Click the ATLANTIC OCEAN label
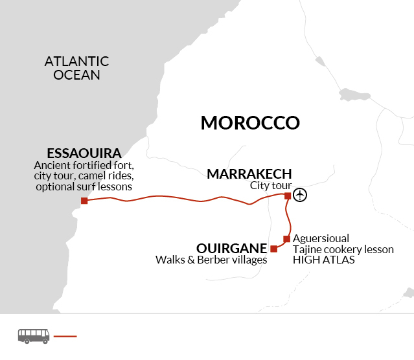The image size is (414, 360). coord(76,68)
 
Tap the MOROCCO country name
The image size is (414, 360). coord(250,123)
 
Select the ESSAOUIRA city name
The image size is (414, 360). coord(84,153)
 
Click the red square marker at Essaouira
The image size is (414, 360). coord(84,201)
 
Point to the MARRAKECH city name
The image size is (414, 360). coord(249,174)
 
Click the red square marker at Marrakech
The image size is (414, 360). coord(288,195)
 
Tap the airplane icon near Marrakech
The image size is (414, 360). coord(300,195)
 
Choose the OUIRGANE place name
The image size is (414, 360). coord(232,249)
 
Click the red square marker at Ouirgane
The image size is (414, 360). coord(274,249)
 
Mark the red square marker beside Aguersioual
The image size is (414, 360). coord(286,239)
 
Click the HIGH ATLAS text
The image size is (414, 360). coord(323,260)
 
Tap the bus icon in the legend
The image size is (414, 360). coord(34,335)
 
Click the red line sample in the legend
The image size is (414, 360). coord(65,336)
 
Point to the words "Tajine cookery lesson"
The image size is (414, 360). coord(343,249)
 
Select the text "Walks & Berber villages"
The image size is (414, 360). coord(211,260)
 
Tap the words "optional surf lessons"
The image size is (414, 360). coord(85,186)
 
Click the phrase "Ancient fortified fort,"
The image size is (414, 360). coord(84,165)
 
